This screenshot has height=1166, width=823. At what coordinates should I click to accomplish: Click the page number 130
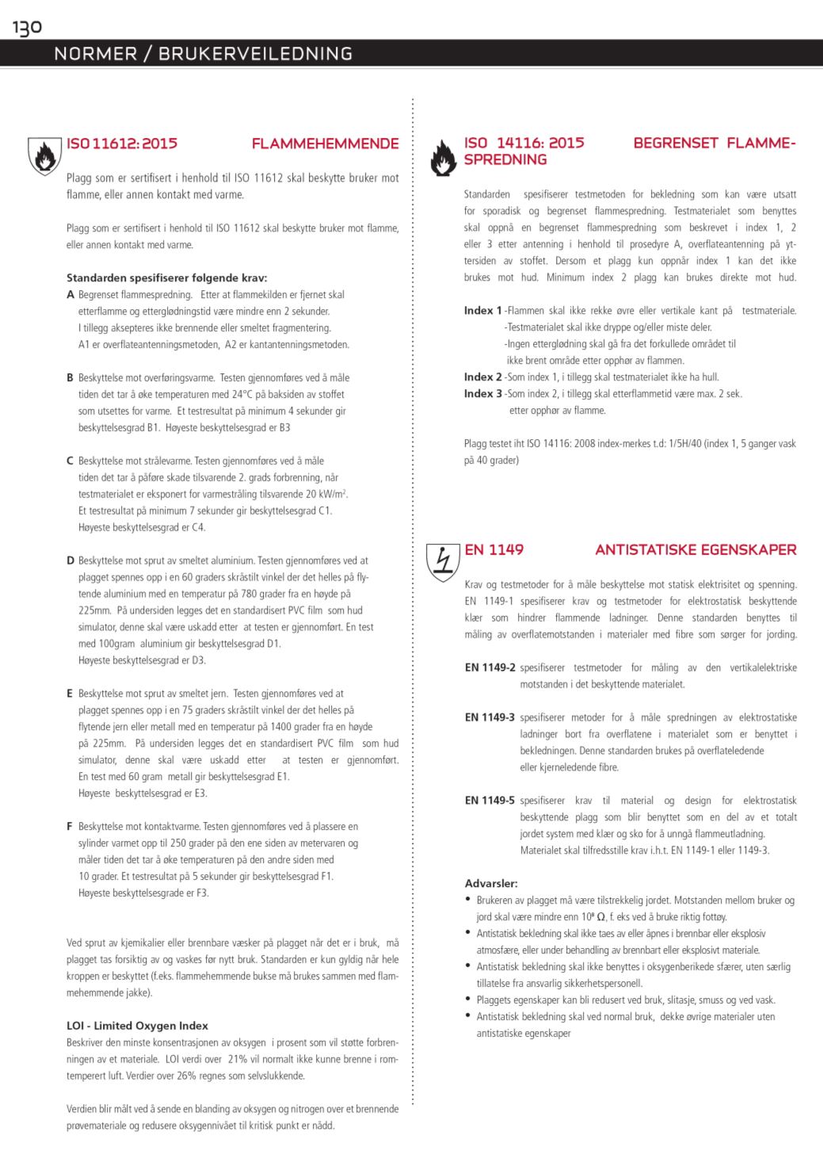[26, 28]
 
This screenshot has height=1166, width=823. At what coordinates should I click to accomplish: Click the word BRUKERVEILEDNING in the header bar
[256, 54]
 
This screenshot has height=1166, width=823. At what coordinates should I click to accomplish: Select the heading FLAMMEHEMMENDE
[325, 143]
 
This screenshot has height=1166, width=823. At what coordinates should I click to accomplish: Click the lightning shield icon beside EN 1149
[443, 561]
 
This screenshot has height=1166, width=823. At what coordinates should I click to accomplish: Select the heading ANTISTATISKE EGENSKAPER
[695, 549]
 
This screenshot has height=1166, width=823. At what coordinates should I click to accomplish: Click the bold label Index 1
[482, 311]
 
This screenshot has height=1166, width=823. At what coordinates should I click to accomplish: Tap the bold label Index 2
[482, 377]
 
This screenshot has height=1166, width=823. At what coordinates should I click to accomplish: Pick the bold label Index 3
[482, 394]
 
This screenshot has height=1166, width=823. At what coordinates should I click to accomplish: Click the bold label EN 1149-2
[490, 667]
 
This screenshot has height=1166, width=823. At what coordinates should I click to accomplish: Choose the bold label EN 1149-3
[490, 717]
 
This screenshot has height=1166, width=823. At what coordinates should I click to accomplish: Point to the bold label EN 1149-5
[490, 801]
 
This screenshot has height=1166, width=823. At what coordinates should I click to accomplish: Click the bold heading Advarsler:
[491, 883]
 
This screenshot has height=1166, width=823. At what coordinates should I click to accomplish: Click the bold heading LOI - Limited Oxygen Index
[137, 1026]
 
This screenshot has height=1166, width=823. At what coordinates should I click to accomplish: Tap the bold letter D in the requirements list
[70, 560]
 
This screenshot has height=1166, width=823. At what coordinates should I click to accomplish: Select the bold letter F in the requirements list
[70, 827]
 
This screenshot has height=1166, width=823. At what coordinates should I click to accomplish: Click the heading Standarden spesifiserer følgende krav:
[166, 277]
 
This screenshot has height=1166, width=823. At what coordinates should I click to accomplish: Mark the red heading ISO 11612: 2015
[122, 143]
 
